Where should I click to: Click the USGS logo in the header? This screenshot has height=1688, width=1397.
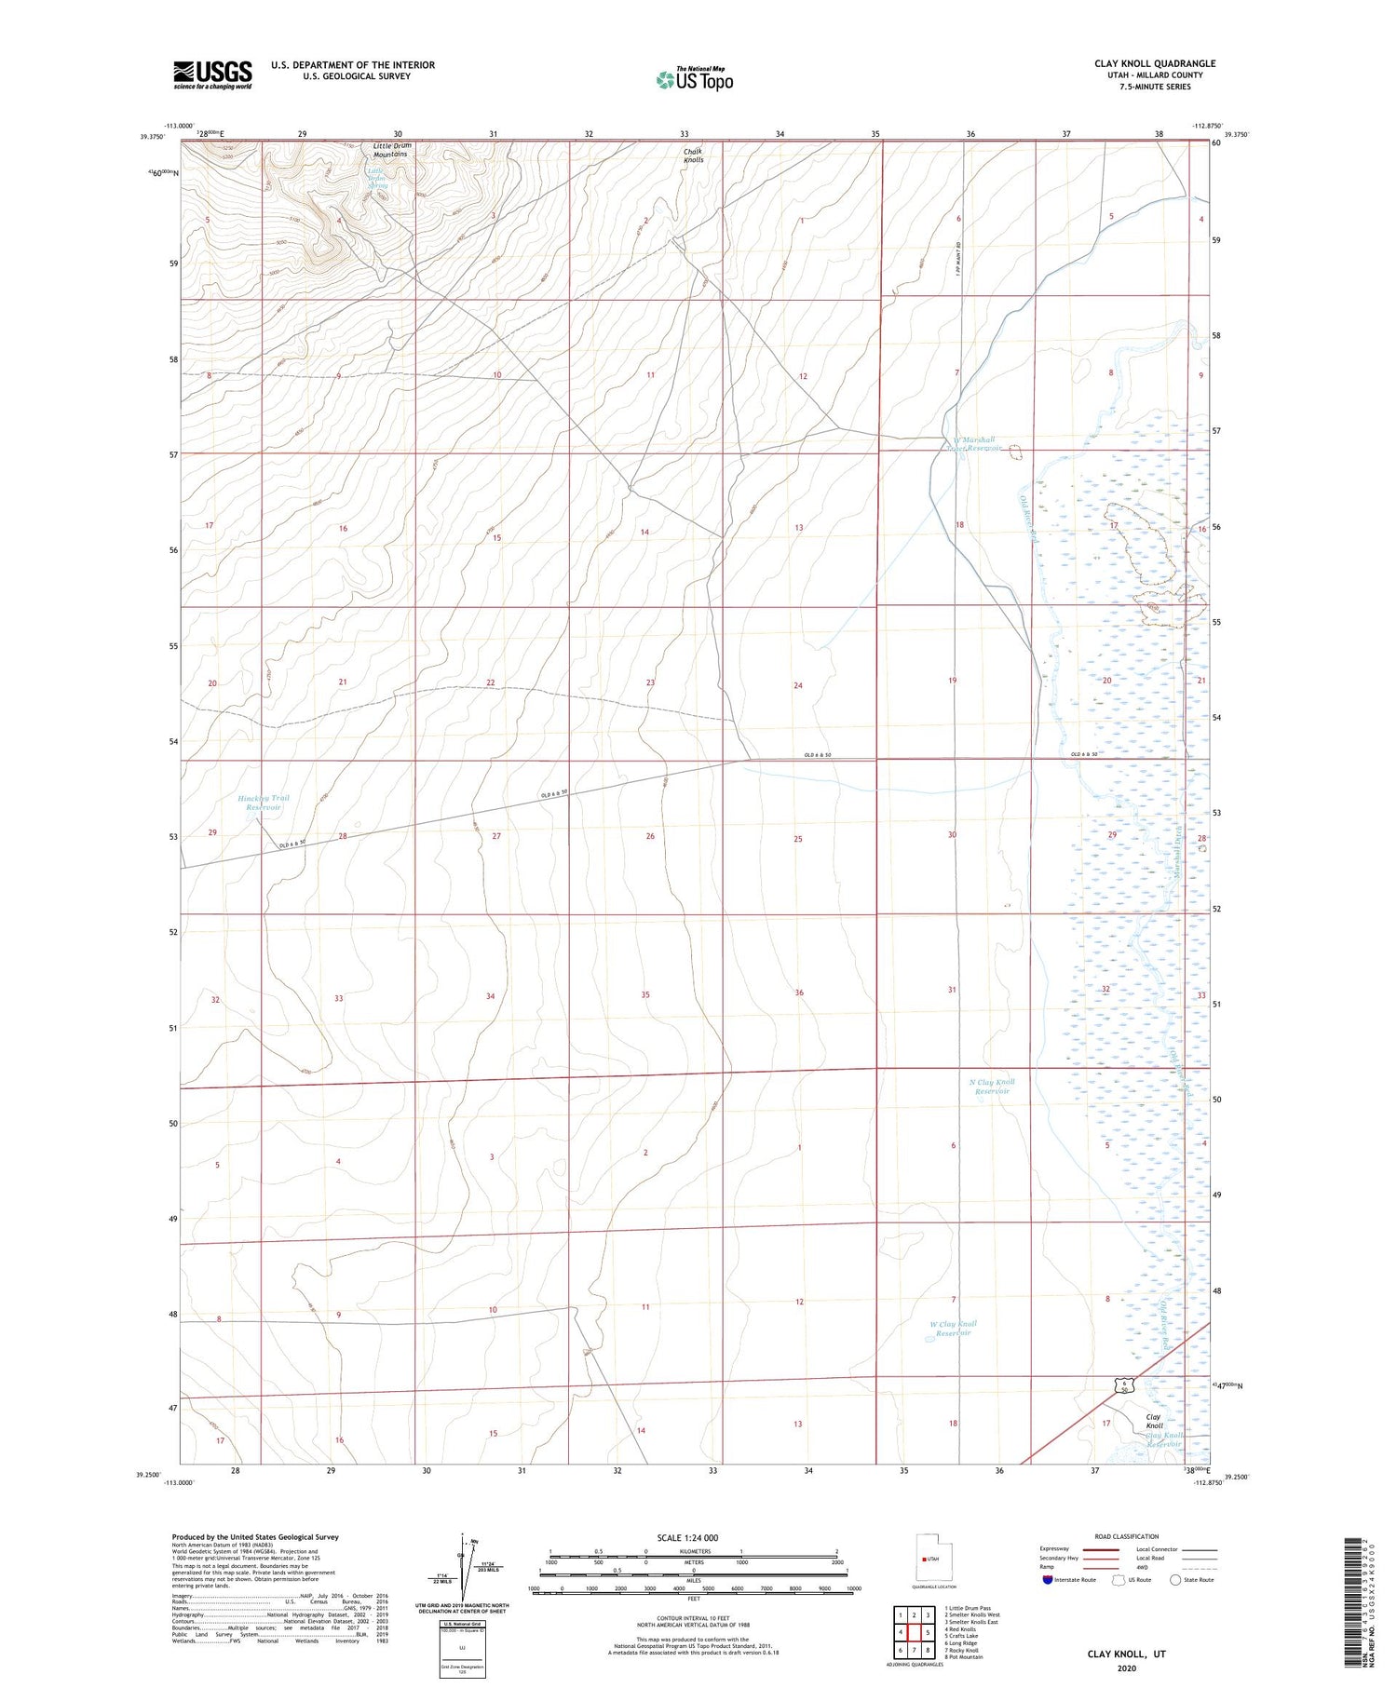212,74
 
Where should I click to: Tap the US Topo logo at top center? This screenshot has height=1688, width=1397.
694,79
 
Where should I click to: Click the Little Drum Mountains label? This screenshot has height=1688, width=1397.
390,150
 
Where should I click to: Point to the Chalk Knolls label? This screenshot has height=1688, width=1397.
694,155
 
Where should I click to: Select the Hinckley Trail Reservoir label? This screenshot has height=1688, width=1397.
264,803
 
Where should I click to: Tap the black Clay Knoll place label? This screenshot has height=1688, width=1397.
1154,1421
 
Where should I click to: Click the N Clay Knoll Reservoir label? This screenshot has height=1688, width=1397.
992,1086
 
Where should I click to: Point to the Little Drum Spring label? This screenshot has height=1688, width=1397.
377,178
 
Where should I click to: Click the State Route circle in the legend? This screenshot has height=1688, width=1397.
1176,1580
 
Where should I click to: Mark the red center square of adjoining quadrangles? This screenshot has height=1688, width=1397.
914,1632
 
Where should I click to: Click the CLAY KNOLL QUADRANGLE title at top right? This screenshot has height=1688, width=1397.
1155,63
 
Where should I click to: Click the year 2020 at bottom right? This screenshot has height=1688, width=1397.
1127,1668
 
